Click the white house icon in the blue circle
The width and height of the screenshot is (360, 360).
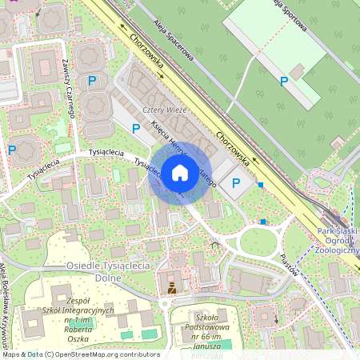click(x=180, y=172)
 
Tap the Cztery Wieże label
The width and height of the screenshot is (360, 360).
click(x=164, y=110)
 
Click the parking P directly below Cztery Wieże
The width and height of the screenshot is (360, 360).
click(x=136, y=127)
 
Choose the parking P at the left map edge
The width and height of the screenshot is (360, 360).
click(x=12, y=149)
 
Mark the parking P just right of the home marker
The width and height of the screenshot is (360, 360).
click(x=236, y=183)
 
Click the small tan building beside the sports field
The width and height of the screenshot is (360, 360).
click(x=297, y=73)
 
